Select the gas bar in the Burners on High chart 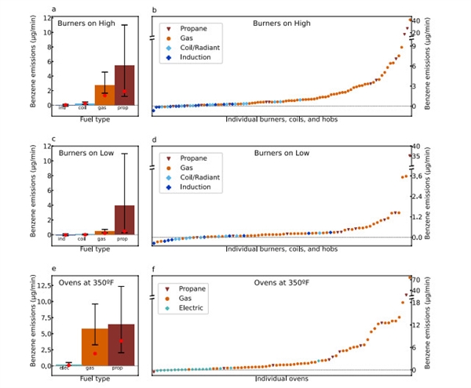pos(104,95)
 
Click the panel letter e pos(54,270)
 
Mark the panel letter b pos(154,9)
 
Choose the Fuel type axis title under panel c pos(95,249)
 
